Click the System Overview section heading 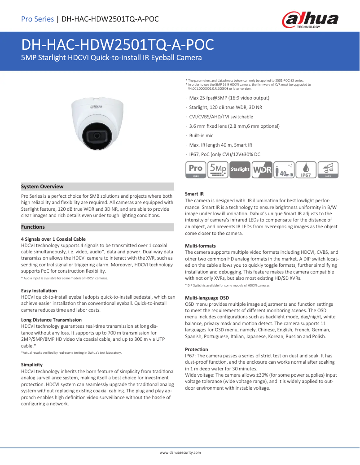(42, 187)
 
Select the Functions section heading (33, 227)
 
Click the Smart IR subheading (195, 194)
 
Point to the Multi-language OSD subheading (207, 298)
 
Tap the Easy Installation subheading (39, 291)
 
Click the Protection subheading (197, 349)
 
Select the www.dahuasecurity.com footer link (180, 452)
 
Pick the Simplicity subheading (32, 365)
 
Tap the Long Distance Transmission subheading (51, 320)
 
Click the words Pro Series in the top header (37, 19)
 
